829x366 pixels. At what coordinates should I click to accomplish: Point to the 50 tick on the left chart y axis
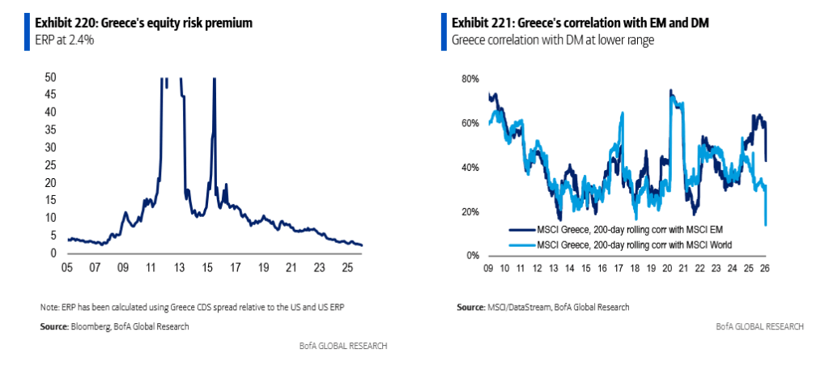click(x=50, y=77)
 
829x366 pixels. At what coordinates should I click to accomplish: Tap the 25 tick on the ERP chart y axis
click(x=50, y=165)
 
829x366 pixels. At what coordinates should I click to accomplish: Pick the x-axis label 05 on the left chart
click(x=68, y=266)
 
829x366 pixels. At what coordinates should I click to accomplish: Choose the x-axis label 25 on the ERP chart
click(x=346, y=266)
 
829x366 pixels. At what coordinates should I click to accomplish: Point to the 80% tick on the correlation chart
click(x=471, y=79)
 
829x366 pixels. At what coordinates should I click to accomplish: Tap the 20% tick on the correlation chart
click(x=471, y=212)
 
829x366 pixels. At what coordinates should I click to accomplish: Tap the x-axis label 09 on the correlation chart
click(x=488, y=268)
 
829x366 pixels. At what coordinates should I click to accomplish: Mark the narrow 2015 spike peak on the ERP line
click(x=215, y=79)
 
